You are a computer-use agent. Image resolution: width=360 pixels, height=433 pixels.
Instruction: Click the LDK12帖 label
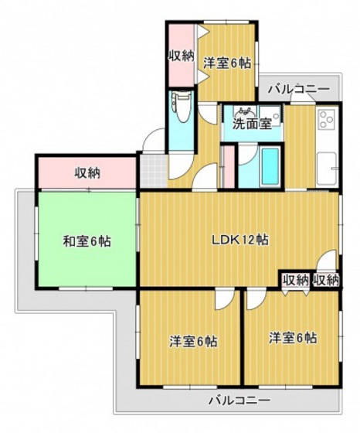tap(240, 239)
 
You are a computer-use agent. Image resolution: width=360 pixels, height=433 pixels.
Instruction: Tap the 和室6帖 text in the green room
tap(87, 240)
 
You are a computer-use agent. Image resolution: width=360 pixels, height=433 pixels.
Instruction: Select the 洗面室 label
tap(252, 123)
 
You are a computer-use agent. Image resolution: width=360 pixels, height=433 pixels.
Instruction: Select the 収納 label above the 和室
tap(87, 172)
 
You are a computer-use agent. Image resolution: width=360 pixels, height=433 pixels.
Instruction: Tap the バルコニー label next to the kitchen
tap(299, 90)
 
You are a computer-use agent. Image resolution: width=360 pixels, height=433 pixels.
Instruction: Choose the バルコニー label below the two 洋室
tap(239, 401)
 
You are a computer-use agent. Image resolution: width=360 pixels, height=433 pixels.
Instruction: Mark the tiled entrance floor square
tap(151, 167)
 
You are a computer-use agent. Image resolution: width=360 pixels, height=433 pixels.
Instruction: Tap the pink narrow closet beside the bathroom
tap(228, 164)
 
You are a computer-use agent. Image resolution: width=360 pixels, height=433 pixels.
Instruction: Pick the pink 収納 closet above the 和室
tap(87, 172)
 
